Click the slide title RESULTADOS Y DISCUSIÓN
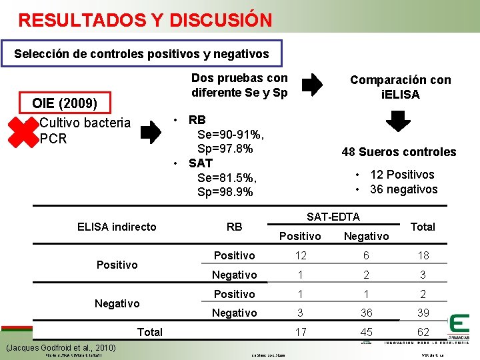click(x=145, y=20)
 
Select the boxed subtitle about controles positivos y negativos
click(x=141, y=53)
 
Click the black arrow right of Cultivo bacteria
click(x=151, y=131)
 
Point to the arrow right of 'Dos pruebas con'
click(x=312, y=85)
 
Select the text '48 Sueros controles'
click(x=399, y=152)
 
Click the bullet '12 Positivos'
click(x=402, y=175)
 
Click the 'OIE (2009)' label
click(x=65, y=104)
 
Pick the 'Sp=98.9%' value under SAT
click(x=225, y=192)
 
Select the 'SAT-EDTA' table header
click(x=333, y=217)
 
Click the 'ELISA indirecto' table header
click(x=117, y=227)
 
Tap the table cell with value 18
click(x=423, y=256)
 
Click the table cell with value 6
click(x=365, y=256)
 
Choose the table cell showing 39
click(x=423, y=313)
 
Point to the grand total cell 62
click(x=423, y=331)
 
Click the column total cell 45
click(x=365, y=331)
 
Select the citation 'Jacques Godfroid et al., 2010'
click(x=61, y=347)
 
